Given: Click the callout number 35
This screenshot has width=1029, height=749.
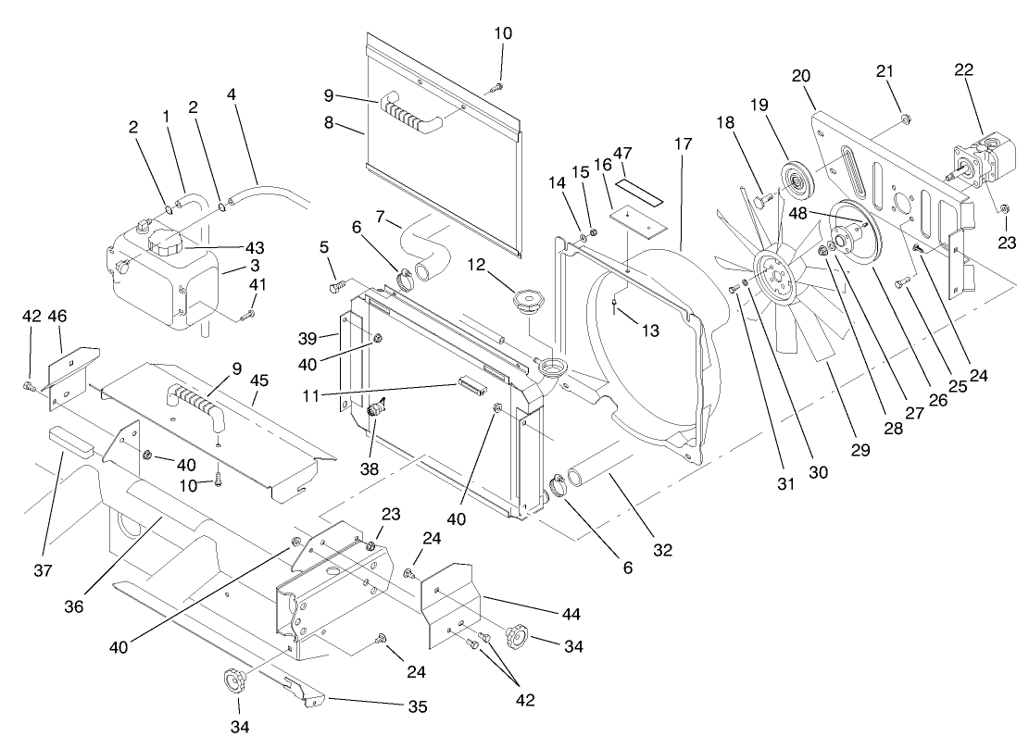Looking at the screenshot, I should (x=417, y=707).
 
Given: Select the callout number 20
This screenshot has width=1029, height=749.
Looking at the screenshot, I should (x=802, y=76).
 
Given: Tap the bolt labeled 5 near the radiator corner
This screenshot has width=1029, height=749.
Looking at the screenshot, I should (x=339, y=287).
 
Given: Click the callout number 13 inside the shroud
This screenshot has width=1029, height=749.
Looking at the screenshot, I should (x=652, y=330).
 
